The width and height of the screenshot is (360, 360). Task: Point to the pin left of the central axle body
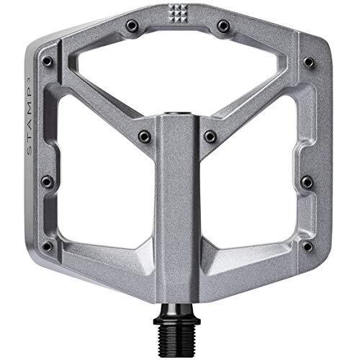point(143,135)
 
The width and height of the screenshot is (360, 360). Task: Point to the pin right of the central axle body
point(210,135)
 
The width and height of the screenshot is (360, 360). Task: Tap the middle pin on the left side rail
point(48,181)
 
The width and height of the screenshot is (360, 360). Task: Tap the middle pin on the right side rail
point(307,181)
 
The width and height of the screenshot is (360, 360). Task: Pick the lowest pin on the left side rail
point(48,246)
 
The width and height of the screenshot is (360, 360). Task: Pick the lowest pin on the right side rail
point(307,246)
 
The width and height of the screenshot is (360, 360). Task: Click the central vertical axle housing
point(177,216)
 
